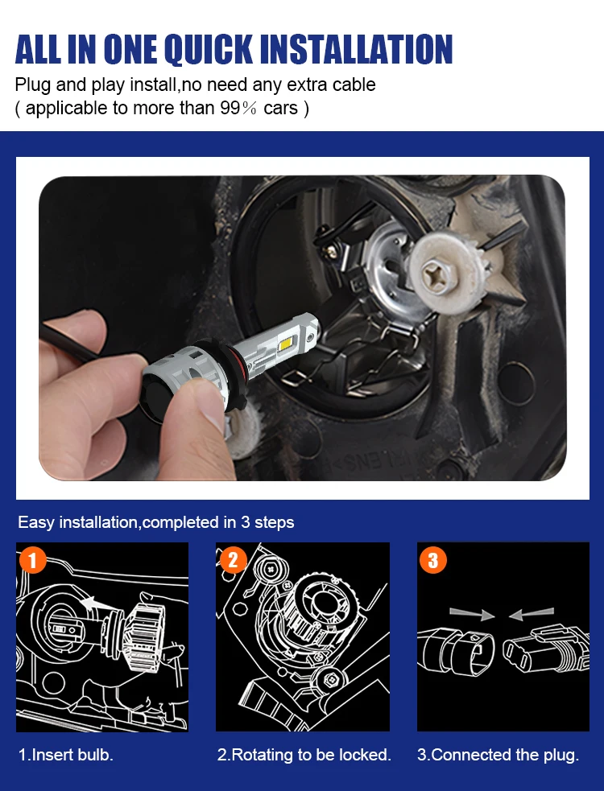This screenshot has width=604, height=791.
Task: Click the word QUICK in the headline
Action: click(209, 49)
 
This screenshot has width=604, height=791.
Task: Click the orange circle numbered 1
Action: click(33, 560)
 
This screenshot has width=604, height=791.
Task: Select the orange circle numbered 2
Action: click(233, 560)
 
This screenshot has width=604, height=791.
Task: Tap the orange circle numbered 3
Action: click(432, 560)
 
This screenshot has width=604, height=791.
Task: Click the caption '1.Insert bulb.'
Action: click(66, 755)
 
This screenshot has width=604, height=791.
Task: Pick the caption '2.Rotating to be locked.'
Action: click(304, 755)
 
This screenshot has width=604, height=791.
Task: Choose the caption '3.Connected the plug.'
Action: click(498, 755)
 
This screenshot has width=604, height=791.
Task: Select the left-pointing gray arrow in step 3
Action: click(532, 613)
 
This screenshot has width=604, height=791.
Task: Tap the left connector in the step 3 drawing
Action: click(457, 652)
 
